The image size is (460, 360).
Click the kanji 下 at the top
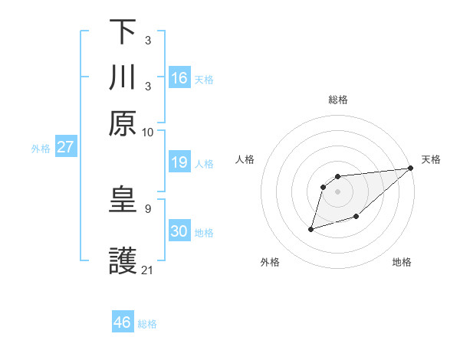tap(123, 33)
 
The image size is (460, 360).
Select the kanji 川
tap(123, 78)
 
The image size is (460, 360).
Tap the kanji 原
tap(123, 123)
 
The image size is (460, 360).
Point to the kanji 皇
tap(123, 201)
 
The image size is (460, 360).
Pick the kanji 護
tap(123, 260)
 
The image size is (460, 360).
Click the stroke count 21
tap(148, 270)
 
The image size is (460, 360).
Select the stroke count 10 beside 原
tap(148, 132)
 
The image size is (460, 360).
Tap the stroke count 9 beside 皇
tap(147, 208)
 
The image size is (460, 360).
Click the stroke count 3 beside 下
tap(147, 39)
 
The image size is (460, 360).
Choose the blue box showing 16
tap(179, 78)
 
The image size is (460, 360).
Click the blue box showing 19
tap(179, 162)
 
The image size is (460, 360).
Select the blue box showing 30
tap(179, 231)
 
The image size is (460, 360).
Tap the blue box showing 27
tap(65, 147)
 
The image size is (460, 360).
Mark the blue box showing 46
tap(123, 322)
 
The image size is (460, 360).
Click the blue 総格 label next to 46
tap(147, 324)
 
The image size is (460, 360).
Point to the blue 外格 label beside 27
tap(40, 149)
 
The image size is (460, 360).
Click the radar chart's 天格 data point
tap(412, 169)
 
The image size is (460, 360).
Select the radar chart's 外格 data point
tap(311, 228)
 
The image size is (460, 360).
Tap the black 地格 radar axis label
tap(402, 263)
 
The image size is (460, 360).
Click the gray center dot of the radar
tap(337, 191)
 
